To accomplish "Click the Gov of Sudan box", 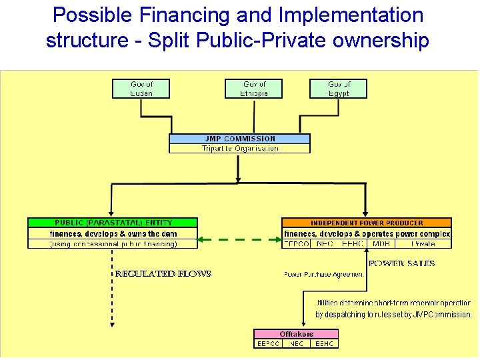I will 141,89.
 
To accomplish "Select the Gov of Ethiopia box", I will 255,89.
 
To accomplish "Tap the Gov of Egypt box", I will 339,89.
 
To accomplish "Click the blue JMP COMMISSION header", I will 239,139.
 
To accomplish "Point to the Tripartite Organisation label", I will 239,149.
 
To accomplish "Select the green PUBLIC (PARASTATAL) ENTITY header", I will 113,223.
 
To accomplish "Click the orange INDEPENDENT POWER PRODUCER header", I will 367,223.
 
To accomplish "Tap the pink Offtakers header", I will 296,333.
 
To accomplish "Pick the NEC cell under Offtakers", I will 296,344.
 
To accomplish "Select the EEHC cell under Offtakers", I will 324,344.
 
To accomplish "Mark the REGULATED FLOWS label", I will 163,273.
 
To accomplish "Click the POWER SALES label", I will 401,263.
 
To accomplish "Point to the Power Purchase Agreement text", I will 324,274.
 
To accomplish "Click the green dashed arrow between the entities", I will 240,238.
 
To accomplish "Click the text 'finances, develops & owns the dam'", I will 113,233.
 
